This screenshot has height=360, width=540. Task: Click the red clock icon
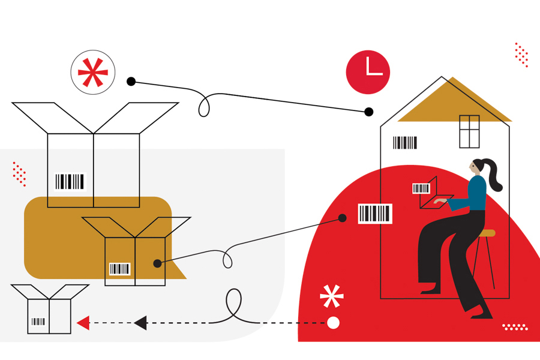click(368, 72)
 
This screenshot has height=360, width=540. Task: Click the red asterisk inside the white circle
click(92, 73)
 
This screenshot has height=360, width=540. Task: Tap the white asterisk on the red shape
click(332, 296)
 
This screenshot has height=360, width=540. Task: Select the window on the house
click(469, 131)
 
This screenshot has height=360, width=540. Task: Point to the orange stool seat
click(487, 233)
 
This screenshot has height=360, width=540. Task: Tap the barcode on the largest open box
click(70, 181)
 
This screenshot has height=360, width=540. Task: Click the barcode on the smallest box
click(38, 322)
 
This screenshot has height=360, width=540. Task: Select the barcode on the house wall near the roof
click(405, 143)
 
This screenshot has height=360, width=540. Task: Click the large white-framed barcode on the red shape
click(375, 213)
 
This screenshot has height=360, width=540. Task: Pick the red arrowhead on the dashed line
click(83, 323)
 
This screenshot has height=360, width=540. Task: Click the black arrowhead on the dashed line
click(140, 323)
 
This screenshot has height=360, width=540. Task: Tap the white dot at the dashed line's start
click(334, 323)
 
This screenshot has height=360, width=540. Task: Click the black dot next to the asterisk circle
click(131, 82)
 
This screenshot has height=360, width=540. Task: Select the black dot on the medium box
click(157, 263)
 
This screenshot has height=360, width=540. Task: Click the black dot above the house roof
click(369, 112)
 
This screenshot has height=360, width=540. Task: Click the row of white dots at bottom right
click(515, 327)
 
